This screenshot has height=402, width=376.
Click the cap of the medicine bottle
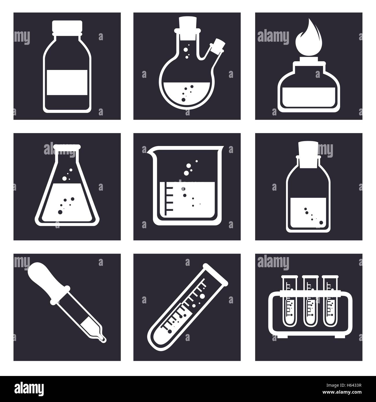[x=67, y=26]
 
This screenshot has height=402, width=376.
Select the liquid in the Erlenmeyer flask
[x=67, y=202]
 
